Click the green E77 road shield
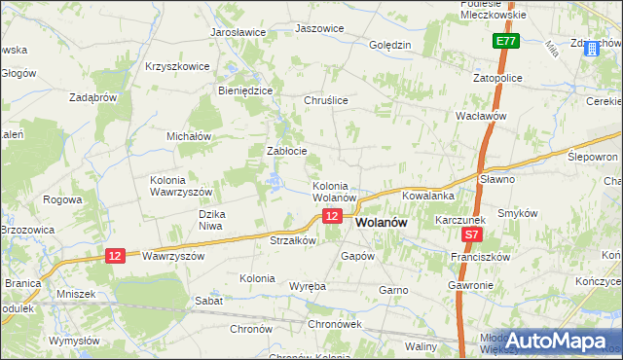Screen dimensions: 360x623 [x=504, y=42]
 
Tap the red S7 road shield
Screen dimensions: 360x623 [x=471, y=234]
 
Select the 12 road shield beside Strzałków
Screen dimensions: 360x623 [x=333, y=216]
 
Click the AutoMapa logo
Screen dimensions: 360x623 [x=561, y=340]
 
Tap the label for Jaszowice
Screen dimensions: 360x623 [x=319, y=28]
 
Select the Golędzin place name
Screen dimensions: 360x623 [x=390, y=45]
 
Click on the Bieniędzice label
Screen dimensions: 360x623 [x=244, y=90]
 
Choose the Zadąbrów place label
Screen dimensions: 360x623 [x=93, y=97]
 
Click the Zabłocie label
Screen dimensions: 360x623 [x=287, y=151]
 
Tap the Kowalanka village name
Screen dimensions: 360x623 [x=421, y=196]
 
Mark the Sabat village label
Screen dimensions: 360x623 [x=209, y=301]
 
